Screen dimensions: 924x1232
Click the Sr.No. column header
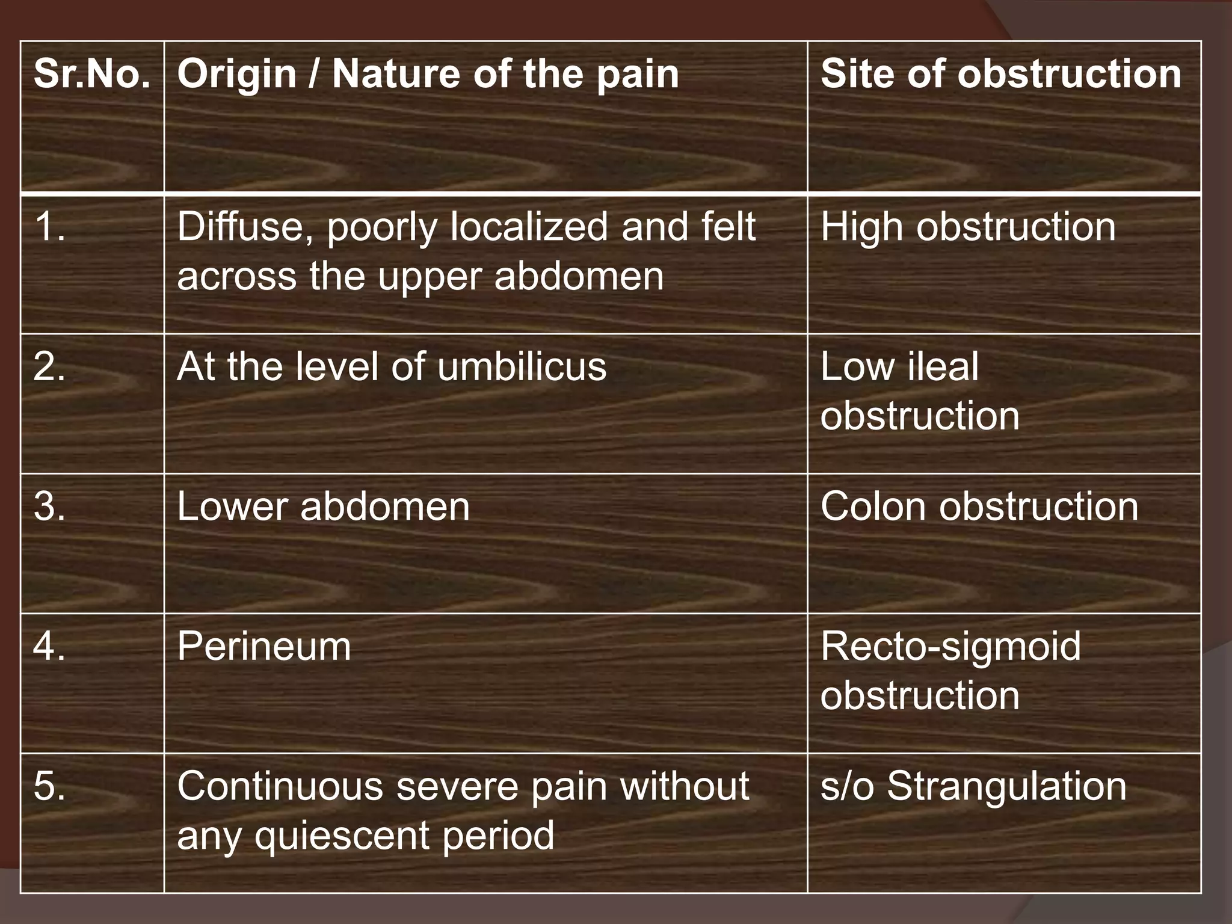click(92, 74)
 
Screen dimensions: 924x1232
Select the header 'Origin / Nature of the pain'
click(428, 75)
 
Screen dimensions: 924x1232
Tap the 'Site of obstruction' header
click(1001, 74)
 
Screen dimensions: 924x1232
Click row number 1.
click(50, 227)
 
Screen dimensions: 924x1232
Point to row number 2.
click(50, 366)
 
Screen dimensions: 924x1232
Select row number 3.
click(50, 507)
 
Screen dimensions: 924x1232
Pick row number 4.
click(50, 647)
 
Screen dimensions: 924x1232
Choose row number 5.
click(50, 786)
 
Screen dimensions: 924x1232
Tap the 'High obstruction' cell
click(968, 227)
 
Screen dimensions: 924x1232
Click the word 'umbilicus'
click(522, 366)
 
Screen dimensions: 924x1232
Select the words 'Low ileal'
click(899, 366)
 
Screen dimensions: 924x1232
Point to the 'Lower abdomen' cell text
click(323, 507)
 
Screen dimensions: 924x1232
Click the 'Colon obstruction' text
click(979, 507)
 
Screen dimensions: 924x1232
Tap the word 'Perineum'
click(263, 647)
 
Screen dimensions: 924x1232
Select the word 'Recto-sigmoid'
click(950, 647)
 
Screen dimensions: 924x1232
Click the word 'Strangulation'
click(1006, 786)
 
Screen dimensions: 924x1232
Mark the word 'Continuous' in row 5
click(280, 786)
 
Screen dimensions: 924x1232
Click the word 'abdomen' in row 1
click(579, 277)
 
